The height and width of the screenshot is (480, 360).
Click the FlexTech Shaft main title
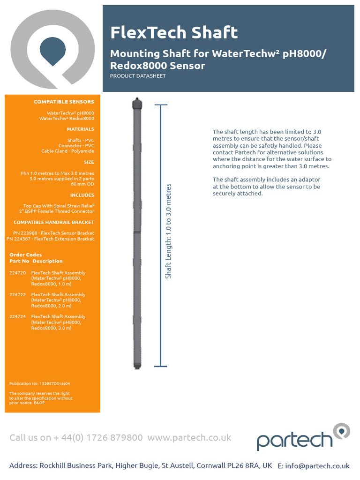pyautogui.click(x=174, y=33)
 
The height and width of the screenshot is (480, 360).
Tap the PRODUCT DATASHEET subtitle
pyautogui.click(x=138, y=76)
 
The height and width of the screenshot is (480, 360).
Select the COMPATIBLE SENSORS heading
pyautogui.click(x=64, y=102)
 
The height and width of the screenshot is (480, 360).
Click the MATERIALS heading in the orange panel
pyautogui.click(x=80, y=129)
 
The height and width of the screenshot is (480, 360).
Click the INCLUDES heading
pyautogui.click(x=82, y=195)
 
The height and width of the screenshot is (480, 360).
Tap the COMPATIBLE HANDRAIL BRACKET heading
pyautogui.click(x=54, y=222)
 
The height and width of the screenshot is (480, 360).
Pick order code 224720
pyautogui.click(x=18, y=272)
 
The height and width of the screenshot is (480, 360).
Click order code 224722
pyautogui.click(x=18, y=294)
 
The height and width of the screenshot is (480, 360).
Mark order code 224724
pyautogui.click(x=18, y=316)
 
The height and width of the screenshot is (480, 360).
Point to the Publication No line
pyautogui.click(x=40, y=383)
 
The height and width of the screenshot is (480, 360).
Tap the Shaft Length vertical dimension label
pyautogui.click(x=169, y=231)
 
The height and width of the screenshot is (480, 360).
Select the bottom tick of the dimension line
pyautogui.click(x=161, y=366)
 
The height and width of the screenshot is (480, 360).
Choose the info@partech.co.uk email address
pyautogui.click(x=314, y=466)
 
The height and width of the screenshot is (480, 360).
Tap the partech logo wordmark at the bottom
pyautogui.click(x=295, y=441)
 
